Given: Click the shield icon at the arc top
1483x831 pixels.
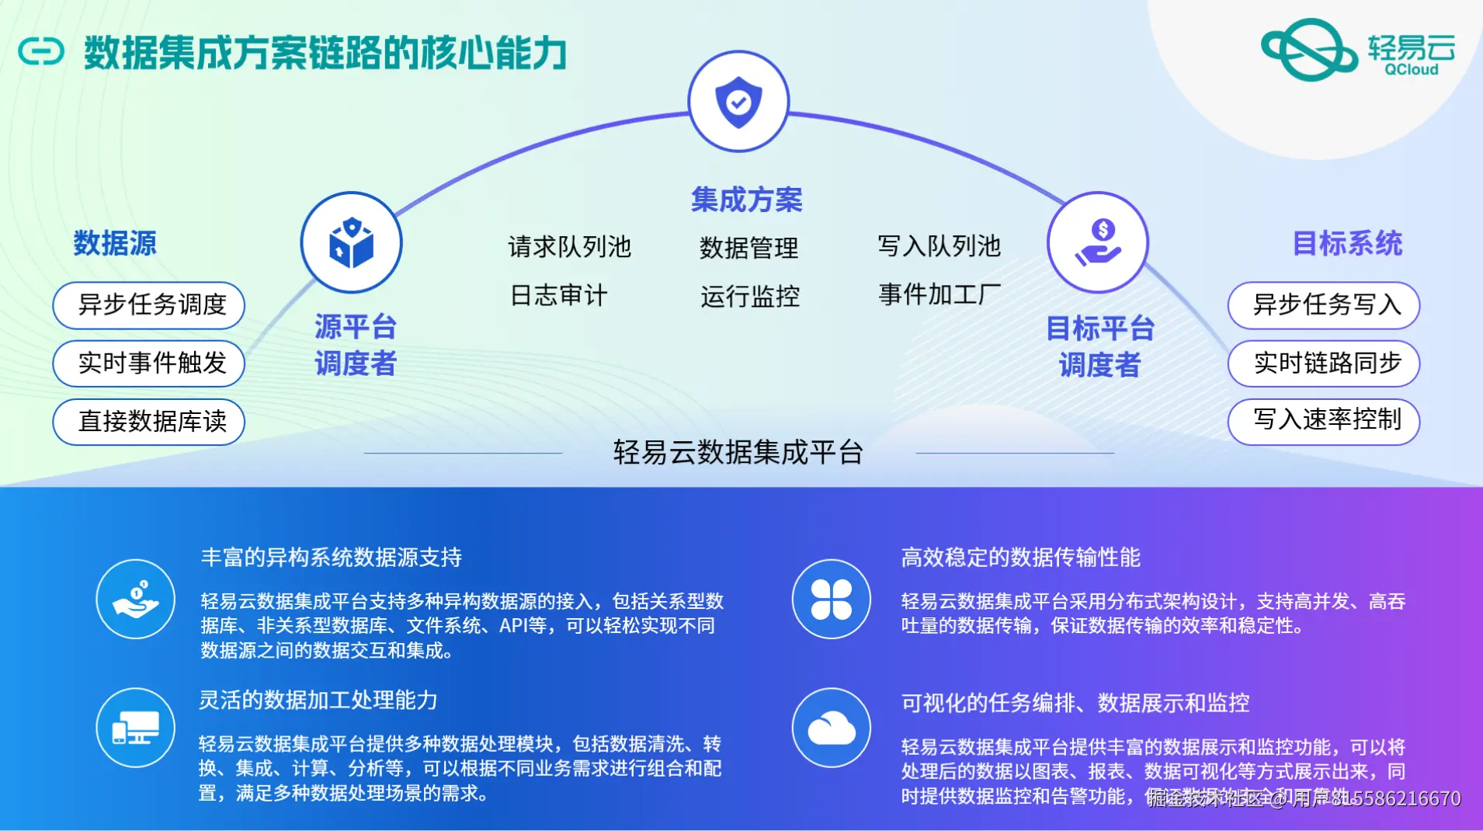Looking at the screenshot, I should tap(738, 102).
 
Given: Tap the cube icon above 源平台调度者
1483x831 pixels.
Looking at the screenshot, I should tap(351, 242).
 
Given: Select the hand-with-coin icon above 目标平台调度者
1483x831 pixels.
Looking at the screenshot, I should tap(1097, 242).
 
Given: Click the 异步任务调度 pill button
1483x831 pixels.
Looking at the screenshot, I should tap(149, 305).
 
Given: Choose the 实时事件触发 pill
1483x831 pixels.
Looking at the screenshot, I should tap(149, 363).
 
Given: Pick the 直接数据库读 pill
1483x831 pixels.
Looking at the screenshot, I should tap(149, 422).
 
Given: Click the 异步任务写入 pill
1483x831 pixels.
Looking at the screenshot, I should tap(1324, 305).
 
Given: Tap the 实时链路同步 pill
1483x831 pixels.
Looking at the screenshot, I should tap(1324, 363).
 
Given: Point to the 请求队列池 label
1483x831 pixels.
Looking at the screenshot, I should tap(569, 247).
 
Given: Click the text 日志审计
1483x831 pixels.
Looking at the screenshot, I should tap(558, 296).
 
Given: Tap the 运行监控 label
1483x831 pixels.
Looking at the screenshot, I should tap(749, 297).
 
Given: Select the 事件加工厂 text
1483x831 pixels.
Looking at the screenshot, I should tap(939, 295).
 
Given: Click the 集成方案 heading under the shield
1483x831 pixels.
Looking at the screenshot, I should tap(746, 200).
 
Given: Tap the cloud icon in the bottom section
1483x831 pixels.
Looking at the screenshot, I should tap(831, 728).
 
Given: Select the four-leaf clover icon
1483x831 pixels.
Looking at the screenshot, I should tap(831, 599).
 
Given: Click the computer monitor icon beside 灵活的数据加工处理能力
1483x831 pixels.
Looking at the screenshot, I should tap(136, 728).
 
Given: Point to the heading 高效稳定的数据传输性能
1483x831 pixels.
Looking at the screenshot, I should tap(1020, 557).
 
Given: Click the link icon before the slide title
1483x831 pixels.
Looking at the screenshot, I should tap(40, 53).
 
